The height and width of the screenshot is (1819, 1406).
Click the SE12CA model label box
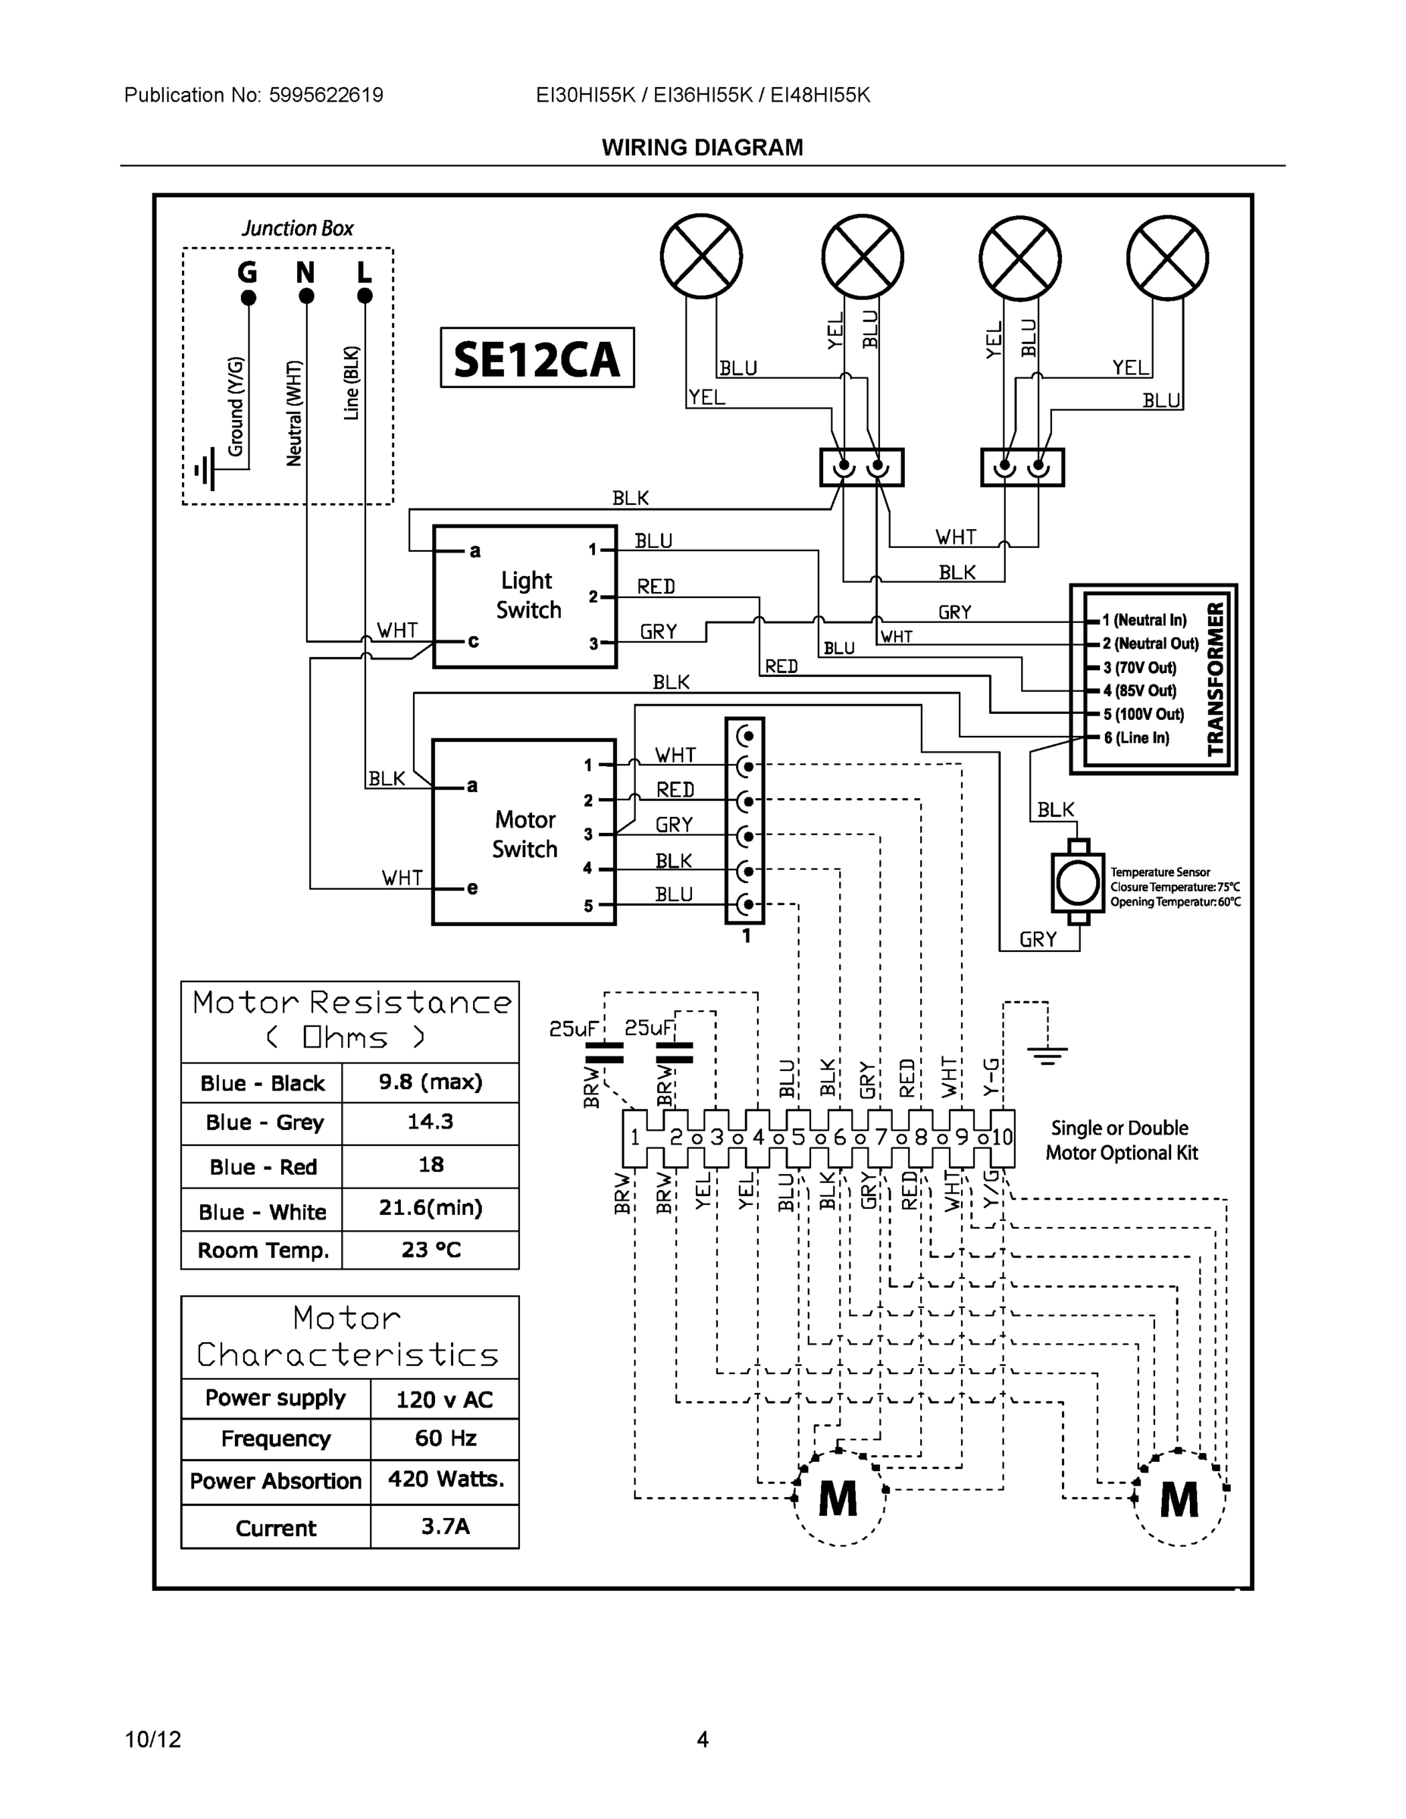coord(537,358)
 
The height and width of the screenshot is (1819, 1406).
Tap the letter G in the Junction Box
coord(247,272)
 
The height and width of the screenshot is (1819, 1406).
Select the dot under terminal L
coord(364,296)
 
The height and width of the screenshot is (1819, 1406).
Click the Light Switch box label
coord(528,595)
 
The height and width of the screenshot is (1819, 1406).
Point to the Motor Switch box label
coord(525,834)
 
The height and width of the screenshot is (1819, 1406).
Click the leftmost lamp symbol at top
coord(701,256)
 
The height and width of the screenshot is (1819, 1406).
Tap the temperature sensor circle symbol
coord(1078,882)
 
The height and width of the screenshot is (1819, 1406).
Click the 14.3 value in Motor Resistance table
coord(430,1122)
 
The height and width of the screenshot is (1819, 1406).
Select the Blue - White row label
coord(262,1212)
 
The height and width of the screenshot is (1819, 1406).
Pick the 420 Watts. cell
coord(446,1479)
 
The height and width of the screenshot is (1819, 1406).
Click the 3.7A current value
coord(445,1526)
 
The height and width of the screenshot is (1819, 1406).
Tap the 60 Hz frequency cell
coord(445,1438)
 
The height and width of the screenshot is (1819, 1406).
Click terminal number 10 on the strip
coord(1002,1137)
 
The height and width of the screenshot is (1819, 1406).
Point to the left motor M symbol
coord(838,1500)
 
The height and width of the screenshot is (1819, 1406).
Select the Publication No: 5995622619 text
coord(253,95)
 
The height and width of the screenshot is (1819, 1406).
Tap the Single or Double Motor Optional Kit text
coord(1120,1140)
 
